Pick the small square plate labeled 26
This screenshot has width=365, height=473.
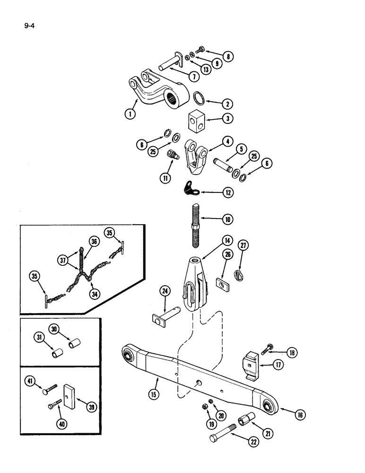tap(220, 283)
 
